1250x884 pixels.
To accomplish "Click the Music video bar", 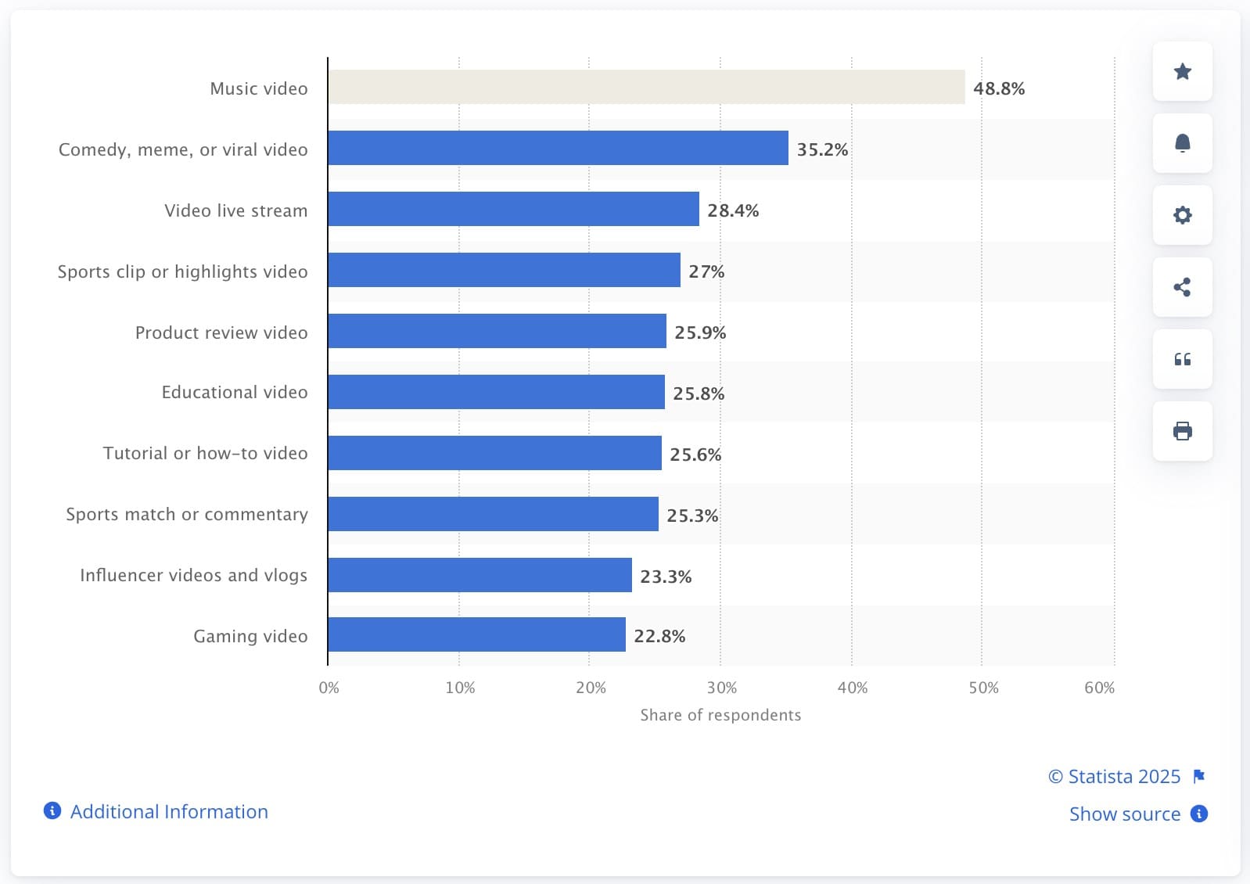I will click(x=646, y=87).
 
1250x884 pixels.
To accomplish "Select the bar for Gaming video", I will click(x=476, y=634).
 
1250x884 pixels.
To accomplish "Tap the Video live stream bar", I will click(x=513, y=209).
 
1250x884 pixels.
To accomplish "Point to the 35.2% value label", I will click(x=822, y=149).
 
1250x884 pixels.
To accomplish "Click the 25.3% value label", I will click(x=692, y=516).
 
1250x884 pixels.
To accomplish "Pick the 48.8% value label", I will click(x=999, y=88).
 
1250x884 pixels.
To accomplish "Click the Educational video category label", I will click(x=235, y=392).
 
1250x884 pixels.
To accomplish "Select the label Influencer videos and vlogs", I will click(x=193, y=575).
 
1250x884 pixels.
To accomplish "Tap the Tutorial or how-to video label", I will click(x=205, y=453).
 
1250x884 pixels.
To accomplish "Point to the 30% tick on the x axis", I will click(x=721, y=688).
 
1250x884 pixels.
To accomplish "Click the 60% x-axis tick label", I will click(x=1099, y=688).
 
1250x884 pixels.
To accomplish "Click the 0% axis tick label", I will click(x=329, y=688).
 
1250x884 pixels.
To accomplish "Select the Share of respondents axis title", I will click(x=720, y=715).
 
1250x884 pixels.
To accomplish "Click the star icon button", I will click(x=1182, y=71).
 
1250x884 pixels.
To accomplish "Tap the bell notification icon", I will click(x=1182, y=143).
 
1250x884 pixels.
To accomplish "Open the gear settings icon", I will click(x=1182, y=215).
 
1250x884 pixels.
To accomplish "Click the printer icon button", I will click(x=1182, y=431).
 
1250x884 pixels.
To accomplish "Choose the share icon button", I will click(x=1182, y=287).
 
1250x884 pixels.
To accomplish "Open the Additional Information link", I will click(x=168, y=811).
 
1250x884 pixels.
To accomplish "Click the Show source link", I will click(x=1125, y=814).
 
